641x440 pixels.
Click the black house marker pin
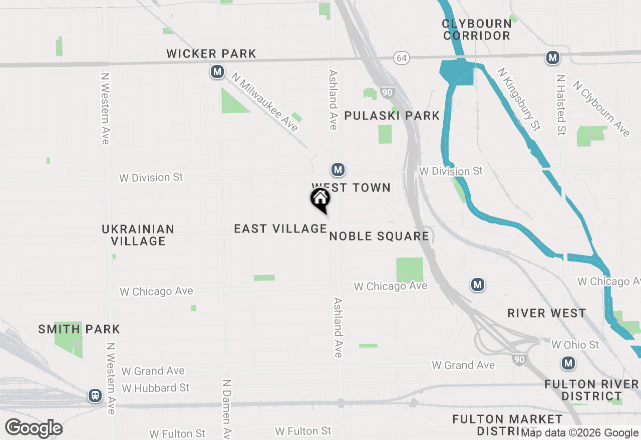click(320, 199)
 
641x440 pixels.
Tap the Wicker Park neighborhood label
click(211, 53)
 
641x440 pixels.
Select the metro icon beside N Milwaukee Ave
click(217, 72)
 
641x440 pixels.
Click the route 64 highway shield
click(401, 58)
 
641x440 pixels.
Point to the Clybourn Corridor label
click(476, 30)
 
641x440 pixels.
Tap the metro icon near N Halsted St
click(552, 58)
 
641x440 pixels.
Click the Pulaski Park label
click(392, 116)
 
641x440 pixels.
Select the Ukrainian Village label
click(138, 235)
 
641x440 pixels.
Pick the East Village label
click(280, 229)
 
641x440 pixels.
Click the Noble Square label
click(379, 236)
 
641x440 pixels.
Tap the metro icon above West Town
click(338, 169)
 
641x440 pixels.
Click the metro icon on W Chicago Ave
click(478, 284)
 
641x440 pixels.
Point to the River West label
click(546, 313)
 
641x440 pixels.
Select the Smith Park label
click(79, 329)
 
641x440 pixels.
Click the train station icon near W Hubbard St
click(95, 395)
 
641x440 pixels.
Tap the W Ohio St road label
click(575, 345)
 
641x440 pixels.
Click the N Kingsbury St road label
click(519, 99)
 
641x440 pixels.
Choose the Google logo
click(34, 428)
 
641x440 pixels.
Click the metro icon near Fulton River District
click(568, 363)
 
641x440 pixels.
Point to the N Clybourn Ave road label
click(601, 108)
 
